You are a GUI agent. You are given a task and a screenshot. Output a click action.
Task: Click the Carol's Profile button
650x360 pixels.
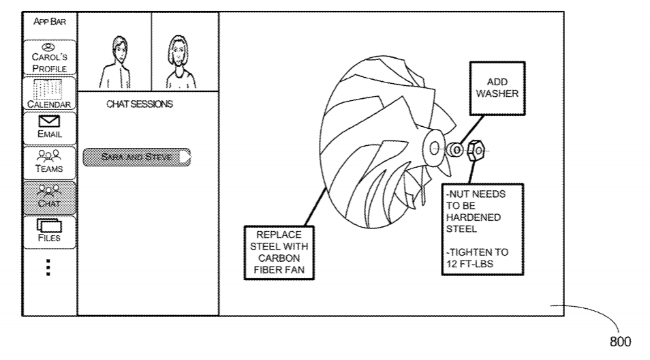pos(49,57)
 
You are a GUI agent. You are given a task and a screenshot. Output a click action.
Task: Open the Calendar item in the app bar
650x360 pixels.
pos(49,93)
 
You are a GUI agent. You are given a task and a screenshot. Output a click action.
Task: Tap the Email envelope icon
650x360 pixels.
pos(49,121)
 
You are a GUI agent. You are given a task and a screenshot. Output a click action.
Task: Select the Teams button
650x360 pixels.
pos(49,162)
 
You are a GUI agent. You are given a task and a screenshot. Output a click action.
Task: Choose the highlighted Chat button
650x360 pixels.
pos(49,198)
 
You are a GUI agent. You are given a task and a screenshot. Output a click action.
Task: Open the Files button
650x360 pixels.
pos(49,232)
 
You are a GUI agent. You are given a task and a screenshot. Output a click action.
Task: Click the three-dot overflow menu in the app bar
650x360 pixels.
pos(48,267)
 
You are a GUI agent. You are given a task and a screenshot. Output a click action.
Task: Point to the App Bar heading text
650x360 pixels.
pos(50,22)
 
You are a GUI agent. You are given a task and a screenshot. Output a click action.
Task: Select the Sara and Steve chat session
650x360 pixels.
pos(137,157)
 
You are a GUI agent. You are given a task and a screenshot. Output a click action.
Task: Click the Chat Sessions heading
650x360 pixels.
pos(139,104)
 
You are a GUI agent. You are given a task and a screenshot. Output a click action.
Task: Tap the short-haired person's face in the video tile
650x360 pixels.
pos(119,51)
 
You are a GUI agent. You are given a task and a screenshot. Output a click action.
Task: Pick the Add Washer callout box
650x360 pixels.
pos(497,89)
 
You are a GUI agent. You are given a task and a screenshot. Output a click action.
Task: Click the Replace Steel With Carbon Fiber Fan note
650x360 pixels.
pos(279,252)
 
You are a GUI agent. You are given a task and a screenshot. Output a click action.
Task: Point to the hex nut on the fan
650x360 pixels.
pos(476,151)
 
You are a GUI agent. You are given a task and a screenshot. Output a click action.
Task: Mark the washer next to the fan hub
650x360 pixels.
pos(455,150)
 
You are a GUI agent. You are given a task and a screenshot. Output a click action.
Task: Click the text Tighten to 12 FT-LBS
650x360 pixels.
pos(477,258)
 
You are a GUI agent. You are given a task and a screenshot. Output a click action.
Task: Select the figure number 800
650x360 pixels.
pos(620,342)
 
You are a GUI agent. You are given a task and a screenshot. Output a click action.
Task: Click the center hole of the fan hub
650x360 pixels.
pos(435,148)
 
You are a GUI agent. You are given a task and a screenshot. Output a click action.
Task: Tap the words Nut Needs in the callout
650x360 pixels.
pos(476,194)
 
